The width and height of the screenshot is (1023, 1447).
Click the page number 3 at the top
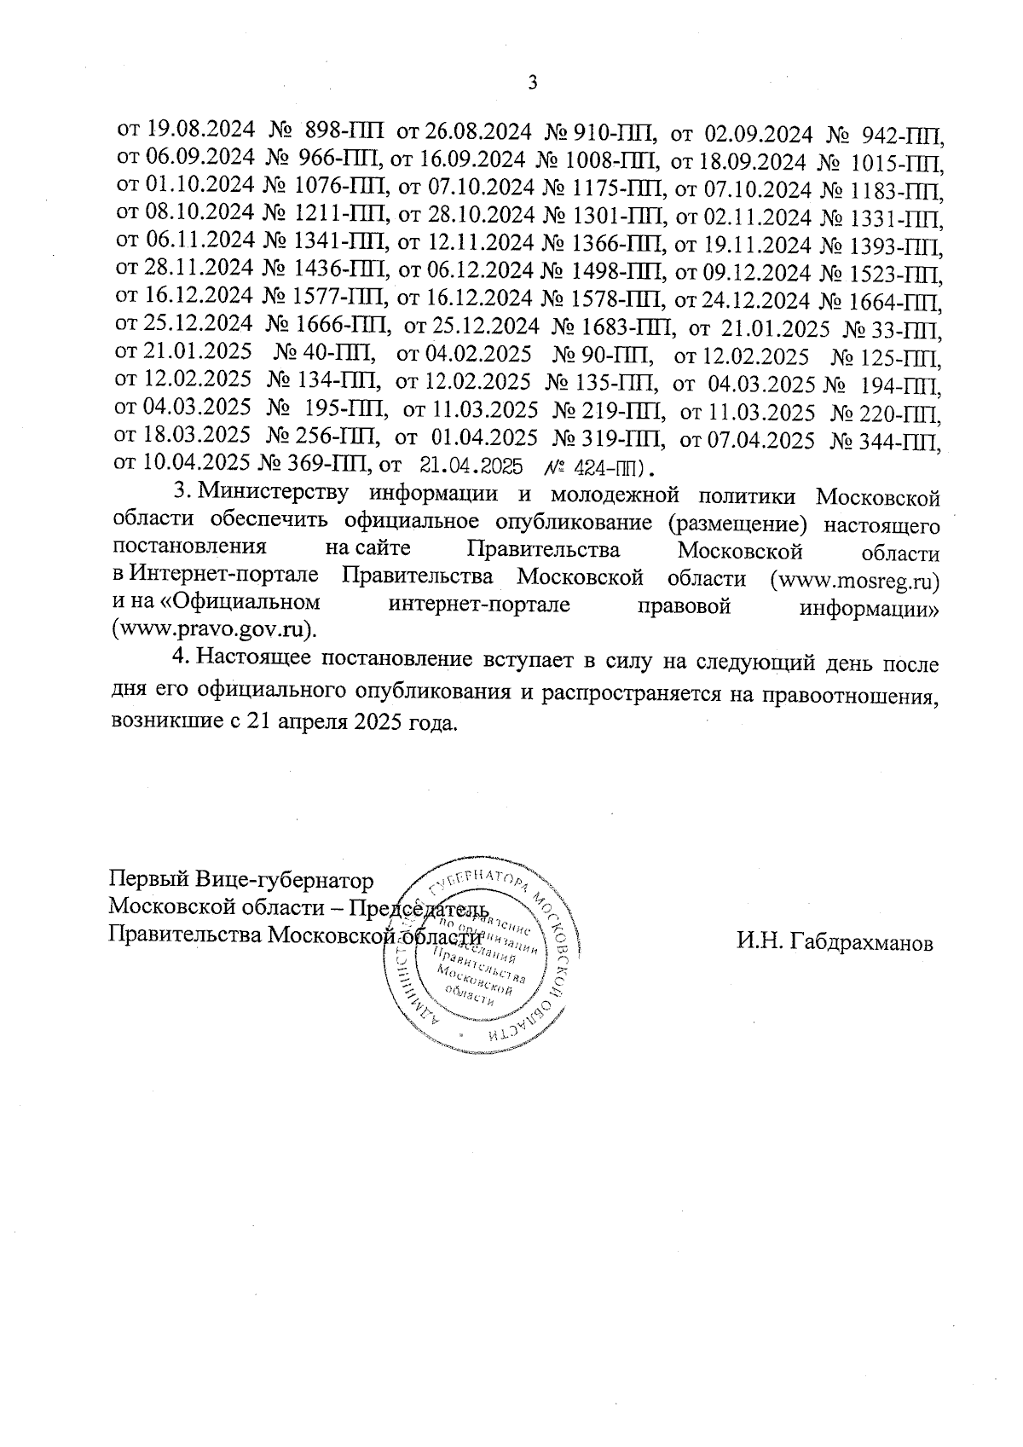tap(534, 83)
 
